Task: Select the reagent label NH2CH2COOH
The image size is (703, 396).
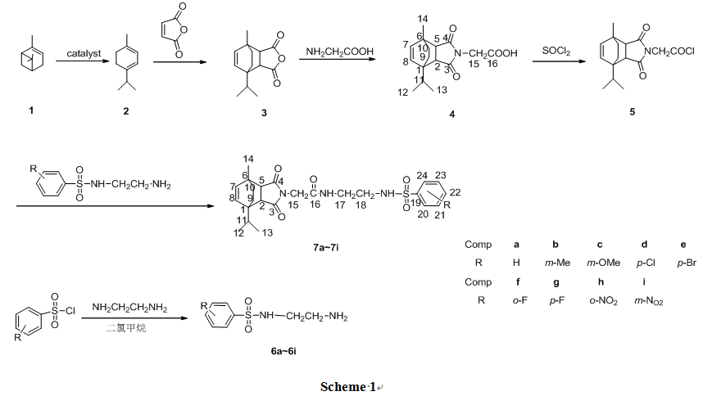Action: pos(339,52)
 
